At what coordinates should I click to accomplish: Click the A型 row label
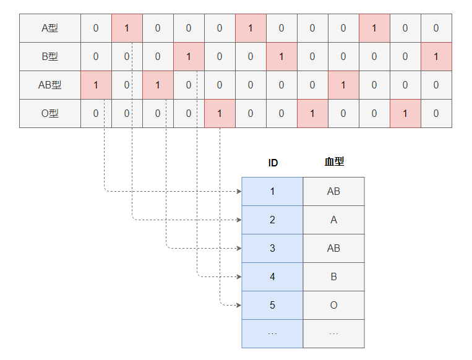[49, 28]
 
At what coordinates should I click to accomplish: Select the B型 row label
[49, 56]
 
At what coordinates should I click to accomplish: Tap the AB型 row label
[49, 85]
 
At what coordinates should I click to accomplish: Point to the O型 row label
[49, 113]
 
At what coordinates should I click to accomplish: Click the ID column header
[273, 163]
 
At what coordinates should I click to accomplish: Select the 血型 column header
[334, 162]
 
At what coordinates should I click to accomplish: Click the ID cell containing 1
[272, 191]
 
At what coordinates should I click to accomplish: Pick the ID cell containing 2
[272, 220]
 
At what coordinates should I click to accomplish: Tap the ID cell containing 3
[272, 248]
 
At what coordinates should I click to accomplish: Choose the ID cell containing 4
[272, 276]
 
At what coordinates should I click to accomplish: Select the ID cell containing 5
[272, 305]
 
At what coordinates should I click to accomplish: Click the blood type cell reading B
[334, 276]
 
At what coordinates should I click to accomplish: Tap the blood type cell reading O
[334, 305]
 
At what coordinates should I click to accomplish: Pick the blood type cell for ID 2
[334, 220]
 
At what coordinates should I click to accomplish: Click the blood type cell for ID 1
[334, 191]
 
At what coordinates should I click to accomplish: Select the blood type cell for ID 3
[334, 248]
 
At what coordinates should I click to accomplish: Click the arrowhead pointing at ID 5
[239, 305]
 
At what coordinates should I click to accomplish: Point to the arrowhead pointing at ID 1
[239, 191]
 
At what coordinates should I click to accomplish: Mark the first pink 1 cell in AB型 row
[96, 85]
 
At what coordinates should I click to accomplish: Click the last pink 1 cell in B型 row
[436, 56]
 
